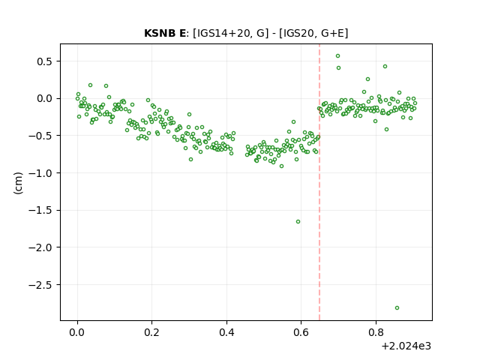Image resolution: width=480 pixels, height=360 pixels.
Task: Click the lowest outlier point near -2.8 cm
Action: pyautogui.click(x=397, y=308)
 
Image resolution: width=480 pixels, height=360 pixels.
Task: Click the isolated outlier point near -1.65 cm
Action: pyautogui.click(x=298, y=222)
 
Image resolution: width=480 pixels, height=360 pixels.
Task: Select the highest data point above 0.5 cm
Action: pyautogui.click(x=338, y=56)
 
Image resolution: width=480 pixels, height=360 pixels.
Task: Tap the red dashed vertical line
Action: pyautogui.click(x=319, y=182)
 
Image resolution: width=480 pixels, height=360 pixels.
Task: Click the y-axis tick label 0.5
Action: pyautogui.click(x=45, y=61)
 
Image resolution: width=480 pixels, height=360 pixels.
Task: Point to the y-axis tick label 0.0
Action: pyautogui.click(x=45, y=98)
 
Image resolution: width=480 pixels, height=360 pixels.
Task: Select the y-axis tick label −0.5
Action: pyautogui.click(x=41, y=136)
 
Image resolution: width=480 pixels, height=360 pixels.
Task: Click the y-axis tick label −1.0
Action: pyautogui.click(x=41, y=173)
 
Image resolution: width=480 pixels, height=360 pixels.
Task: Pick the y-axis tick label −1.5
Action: pyautogui.click(x=41, y=210)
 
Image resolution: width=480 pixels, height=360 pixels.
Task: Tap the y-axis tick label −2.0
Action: pyautogui.click(x=41, y=247)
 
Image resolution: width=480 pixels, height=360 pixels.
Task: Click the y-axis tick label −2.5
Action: pyautogui.click(x=41, y=285)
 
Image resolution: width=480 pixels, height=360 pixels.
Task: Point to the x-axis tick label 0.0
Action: pyautogui.click(x=77, y=332)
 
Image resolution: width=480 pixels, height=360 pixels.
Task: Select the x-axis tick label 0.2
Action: pyautogui.click(x=152, y=332)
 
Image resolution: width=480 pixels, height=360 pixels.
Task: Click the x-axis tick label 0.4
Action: pyautogui.click(x=226, y=332)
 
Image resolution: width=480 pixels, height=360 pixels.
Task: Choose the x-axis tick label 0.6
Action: pyautogui.click(x=301, y=332)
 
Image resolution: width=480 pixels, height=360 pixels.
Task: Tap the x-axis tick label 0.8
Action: pyautogui.click(x=376, y=332)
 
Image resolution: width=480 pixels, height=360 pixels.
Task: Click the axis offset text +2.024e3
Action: pyautogui.click(x=406, y=346)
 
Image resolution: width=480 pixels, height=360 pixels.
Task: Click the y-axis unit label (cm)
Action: pyautogui.click(x=18, y=183)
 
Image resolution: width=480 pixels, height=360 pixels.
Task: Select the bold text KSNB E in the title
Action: pyautogui.click(x=165, y=33)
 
